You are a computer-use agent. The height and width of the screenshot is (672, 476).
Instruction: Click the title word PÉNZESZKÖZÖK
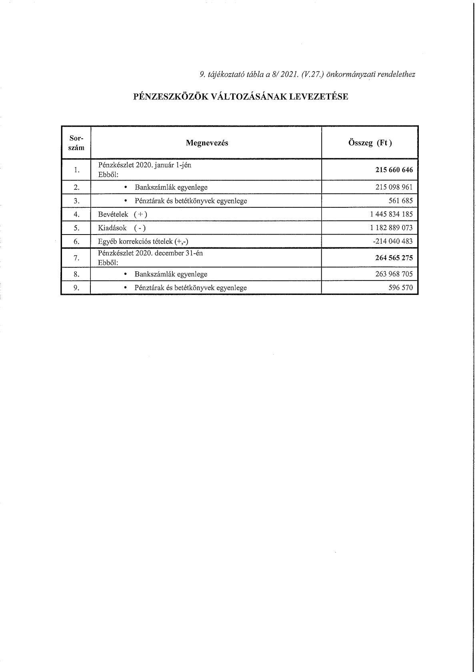point(170,97)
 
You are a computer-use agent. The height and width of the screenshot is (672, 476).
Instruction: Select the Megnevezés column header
point(207,143)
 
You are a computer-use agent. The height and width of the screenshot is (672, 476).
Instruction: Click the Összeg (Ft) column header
point(370,143)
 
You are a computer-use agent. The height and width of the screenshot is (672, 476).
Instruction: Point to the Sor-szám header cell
point(76,143)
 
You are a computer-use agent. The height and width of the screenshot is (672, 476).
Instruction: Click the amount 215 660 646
point(394,170)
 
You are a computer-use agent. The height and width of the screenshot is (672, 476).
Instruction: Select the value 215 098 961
point(394,187)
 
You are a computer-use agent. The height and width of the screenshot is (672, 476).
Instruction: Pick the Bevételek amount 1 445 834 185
point(391,214)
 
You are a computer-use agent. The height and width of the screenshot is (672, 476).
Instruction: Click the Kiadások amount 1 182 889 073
point(391,228)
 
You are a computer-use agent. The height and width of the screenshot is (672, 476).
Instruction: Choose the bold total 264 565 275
point(394,258)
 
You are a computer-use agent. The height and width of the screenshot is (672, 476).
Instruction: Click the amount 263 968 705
point(394,274)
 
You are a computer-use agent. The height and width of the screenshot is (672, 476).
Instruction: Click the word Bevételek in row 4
point(113,215)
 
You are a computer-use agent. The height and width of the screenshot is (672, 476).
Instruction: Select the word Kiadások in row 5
point(112,228)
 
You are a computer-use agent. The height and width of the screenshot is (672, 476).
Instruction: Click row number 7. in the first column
point(77,258)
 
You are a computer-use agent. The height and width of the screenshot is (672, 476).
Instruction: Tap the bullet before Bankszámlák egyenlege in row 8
point(126,274)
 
